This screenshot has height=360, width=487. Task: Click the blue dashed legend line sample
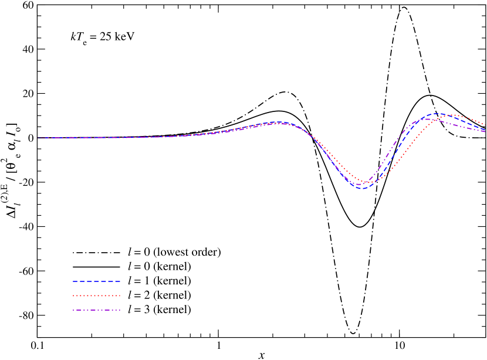97,281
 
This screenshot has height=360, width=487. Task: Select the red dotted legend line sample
97,296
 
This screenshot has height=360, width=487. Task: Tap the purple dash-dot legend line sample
97,310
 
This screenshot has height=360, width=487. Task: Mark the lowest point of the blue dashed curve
362,189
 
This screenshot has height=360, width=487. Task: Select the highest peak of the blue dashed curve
437,114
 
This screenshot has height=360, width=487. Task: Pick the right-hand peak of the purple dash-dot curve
425,119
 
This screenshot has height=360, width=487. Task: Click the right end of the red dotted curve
486,125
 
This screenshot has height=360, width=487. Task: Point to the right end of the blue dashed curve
486,129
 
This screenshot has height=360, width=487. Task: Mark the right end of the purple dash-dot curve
486,132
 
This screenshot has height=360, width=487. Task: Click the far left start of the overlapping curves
38,138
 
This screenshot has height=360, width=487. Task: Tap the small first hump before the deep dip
279,123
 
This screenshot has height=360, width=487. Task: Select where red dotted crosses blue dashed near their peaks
447,115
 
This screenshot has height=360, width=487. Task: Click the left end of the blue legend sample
73,281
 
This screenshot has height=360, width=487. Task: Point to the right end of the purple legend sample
120,310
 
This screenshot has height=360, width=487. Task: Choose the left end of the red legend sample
73,296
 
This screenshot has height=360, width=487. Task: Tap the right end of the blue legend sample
120,281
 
